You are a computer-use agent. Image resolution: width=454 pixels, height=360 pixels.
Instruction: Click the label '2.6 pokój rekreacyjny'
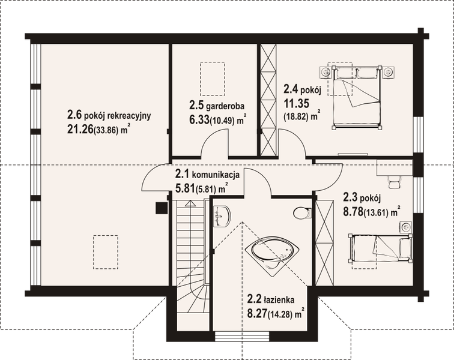click(108, 115)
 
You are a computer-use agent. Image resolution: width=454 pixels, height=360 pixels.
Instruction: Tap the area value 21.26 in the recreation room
click(81, 128)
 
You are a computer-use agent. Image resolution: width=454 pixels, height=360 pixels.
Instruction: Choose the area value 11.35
click(295, 103)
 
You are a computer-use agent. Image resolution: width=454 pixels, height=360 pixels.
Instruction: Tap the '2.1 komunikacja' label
click(208, 175)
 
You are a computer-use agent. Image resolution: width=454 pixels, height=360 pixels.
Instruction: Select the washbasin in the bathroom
click(222, 214)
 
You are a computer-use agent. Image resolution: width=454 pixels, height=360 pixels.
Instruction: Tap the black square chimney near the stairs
click(161, 208)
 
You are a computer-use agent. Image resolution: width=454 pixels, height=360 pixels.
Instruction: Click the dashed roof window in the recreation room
click(104, 250)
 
